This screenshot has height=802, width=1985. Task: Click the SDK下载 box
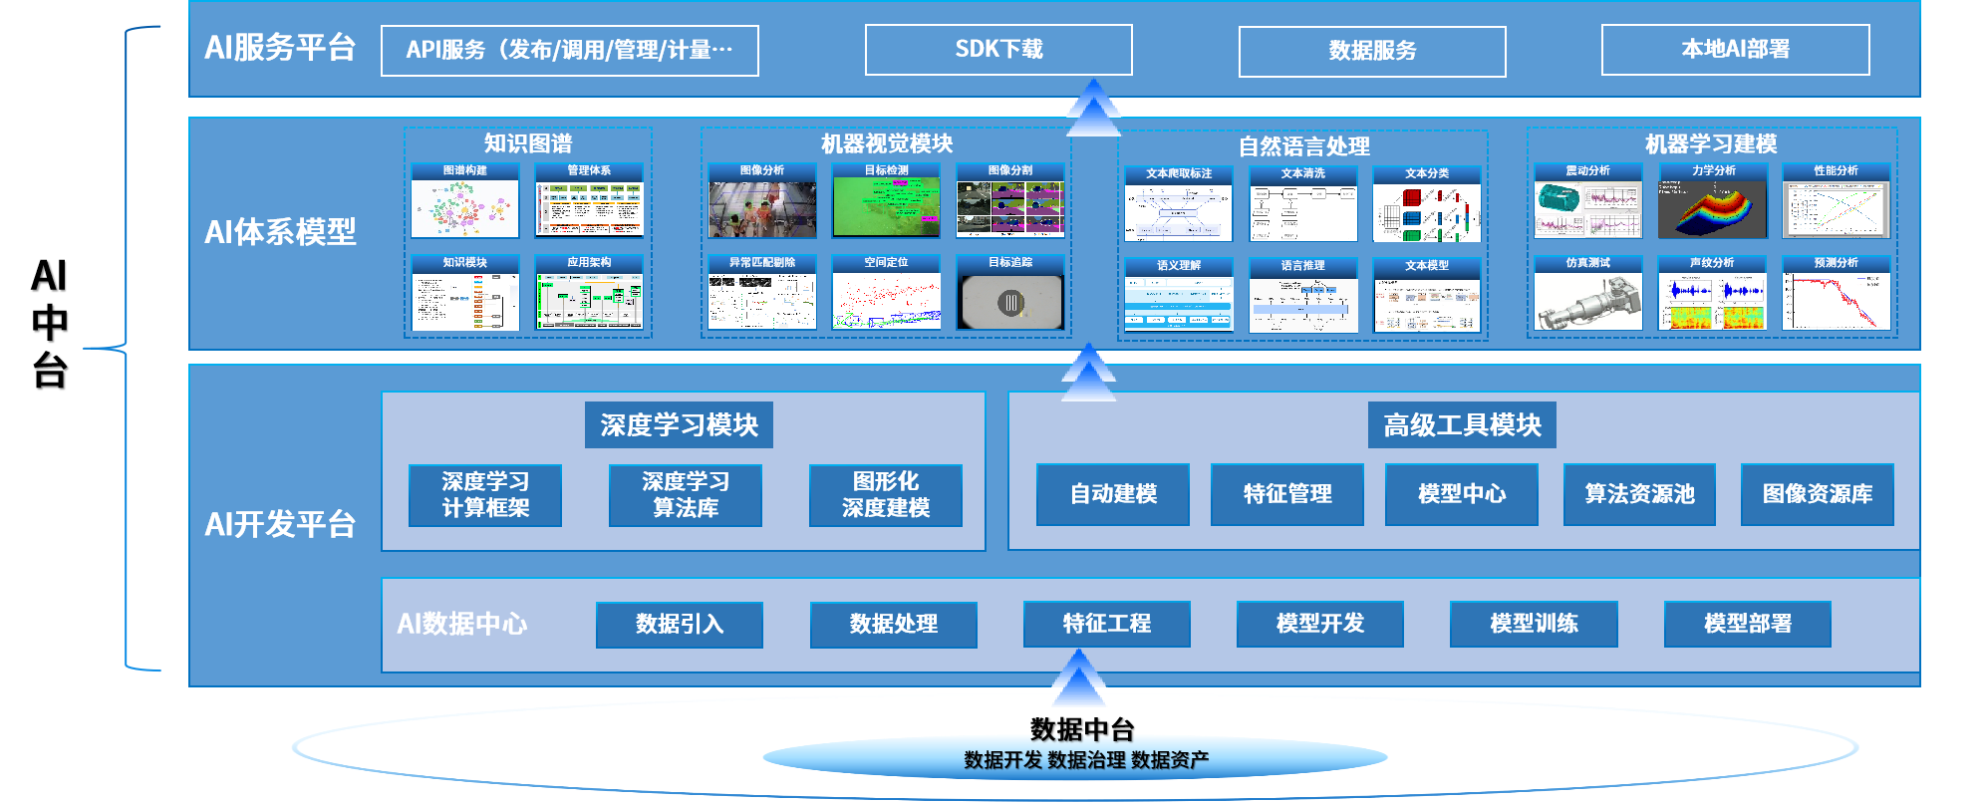point(998,50)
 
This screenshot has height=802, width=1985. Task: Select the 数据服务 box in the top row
point(1372,51)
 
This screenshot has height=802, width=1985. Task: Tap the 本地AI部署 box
point(1735,50)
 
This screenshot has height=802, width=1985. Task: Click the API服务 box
point(569,51)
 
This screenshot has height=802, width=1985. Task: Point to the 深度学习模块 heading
point(679,425)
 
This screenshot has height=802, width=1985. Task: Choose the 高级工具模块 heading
point(1462,425)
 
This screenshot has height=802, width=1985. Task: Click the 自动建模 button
point(1113,494)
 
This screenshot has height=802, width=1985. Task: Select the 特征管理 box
point(1287,494)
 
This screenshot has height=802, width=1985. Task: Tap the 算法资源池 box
point(1639,494)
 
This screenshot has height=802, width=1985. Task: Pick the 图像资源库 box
point(1817,494)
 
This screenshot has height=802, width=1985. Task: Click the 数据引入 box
point(680,625)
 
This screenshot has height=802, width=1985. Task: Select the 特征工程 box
point(1106,625)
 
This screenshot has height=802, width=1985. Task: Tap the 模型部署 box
point(1747,625)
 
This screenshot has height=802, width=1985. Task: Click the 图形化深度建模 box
point(885,495)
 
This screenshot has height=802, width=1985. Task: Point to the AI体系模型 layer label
point(280,232)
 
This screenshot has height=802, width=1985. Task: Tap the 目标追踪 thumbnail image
point(1010,302)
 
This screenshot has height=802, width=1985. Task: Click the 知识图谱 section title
point(528,143)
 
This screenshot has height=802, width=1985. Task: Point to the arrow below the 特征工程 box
point(1079,677)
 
